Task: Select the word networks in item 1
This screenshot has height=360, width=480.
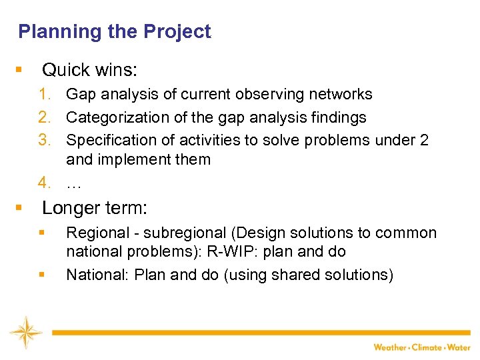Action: tap(342, 95)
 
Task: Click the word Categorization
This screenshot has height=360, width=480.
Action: tap(111, 118)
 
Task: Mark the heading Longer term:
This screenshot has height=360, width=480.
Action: tap(95, 208)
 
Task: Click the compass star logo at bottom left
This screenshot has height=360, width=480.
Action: tap(25, 332)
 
